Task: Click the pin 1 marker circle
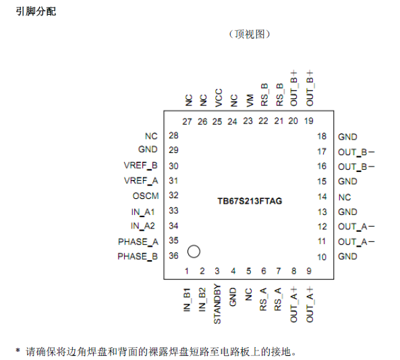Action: point(194,251)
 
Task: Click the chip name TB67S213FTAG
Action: point(250,201)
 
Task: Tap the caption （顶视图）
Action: point(249,34)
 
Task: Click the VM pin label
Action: point(249,101)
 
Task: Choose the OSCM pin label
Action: point(145,196)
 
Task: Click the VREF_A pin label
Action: point(141,181)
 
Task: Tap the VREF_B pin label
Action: point(141,166)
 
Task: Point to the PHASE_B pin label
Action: point(138,256)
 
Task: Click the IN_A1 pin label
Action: point(144,211)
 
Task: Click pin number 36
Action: point(173,256)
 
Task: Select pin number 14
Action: point(322,197)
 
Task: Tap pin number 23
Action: point(248,121)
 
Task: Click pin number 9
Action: point(309,271)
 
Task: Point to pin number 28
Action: point(173,136)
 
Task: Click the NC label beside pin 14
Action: point(345,197)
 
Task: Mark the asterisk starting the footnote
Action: point(18,351)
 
